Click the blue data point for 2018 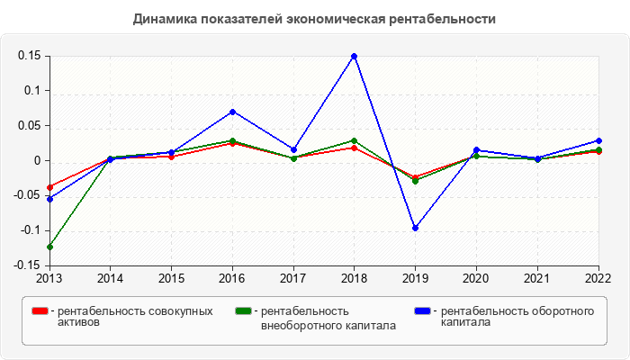click(x=355, y=56)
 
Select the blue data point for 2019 click(x=416, y=228)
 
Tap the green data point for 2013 click(x=49, y=247)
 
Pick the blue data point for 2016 click(x=232, y=112)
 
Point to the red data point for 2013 click(x=49, y=187)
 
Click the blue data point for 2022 click(x=599, y=140)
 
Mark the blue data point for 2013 click(x=49, y=198)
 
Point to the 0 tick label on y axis click(x=39, y=161)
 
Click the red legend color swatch click(x=40, y=311)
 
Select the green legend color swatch click(x=243, y=311)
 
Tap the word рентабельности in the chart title click(x=441, y=19)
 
